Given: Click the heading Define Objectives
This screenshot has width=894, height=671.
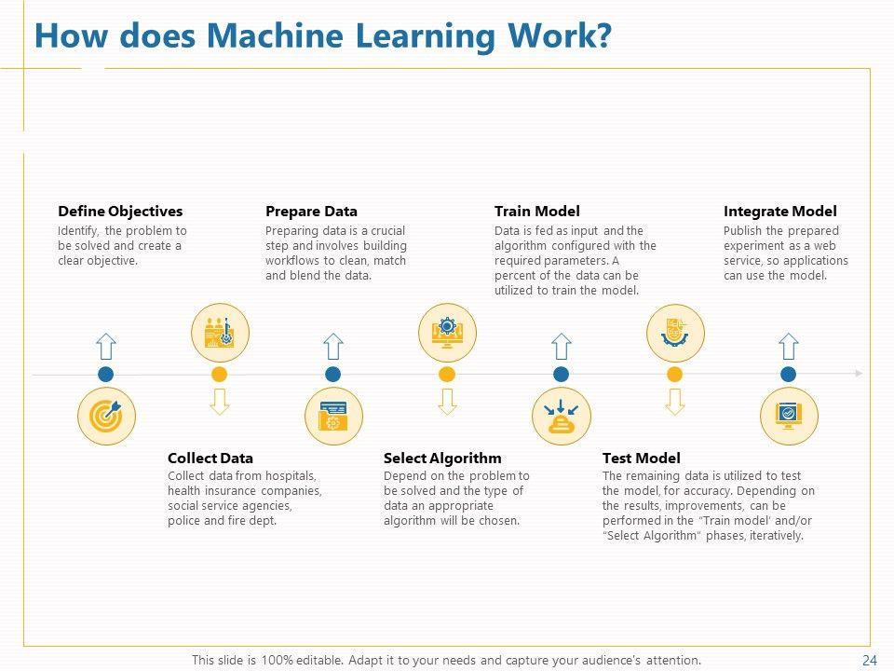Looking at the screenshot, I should (120, 212).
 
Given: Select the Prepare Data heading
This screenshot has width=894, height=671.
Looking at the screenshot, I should (311, 212).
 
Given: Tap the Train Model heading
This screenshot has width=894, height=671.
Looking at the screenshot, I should (536, 212).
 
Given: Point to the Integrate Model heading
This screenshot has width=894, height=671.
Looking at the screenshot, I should (779, 212).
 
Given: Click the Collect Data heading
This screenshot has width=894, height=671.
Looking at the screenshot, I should (210, 459).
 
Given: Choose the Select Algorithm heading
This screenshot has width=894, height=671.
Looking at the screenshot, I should (442, 459).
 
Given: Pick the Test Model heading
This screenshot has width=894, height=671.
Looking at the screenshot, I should (641, 459).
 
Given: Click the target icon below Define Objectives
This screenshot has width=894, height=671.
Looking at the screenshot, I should (106, 416).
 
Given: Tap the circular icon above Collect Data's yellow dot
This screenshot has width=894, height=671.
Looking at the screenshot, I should (220, 333).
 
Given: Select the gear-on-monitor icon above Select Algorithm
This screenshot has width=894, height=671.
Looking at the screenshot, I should (447, 333).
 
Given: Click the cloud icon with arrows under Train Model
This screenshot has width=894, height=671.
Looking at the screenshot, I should (561, 416).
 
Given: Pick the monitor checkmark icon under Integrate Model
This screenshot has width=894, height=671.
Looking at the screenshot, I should (789, 416).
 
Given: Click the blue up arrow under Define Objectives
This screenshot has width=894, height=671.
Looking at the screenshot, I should (106, 347).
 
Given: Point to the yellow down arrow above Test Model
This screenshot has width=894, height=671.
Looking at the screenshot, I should (675, 402).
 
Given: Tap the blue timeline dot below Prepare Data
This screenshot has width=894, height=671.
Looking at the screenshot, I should (333, 375).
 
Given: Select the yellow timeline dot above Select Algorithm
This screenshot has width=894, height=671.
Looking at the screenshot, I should (447, 375).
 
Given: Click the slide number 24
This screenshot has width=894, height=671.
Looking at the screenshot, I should (870, 661).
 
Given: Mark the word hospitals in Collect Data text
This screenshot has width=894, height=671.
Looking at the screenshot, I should (287, 475).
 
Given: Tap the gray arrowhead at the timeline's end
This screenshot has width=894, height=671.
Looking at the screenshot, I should (858, 374).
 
